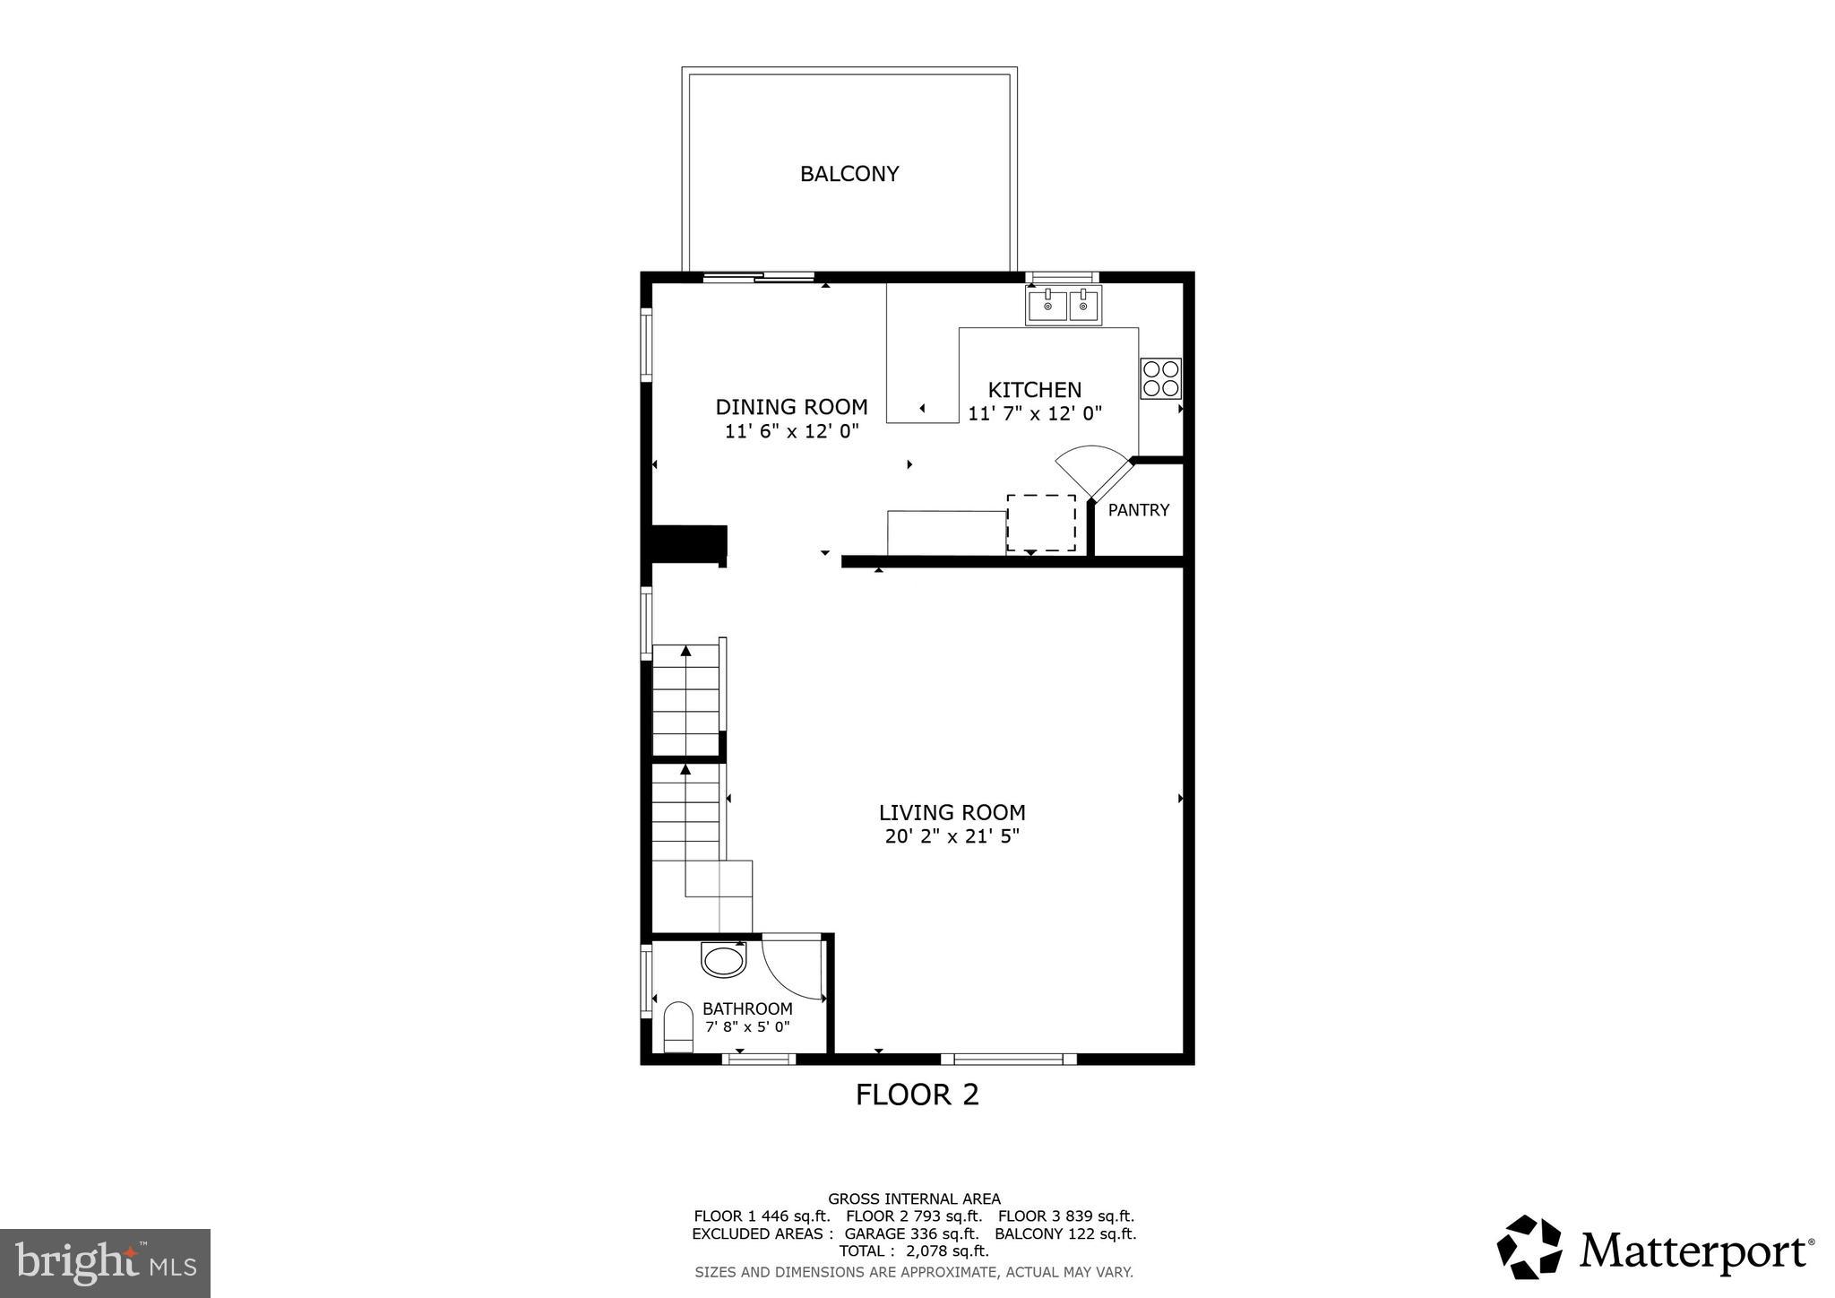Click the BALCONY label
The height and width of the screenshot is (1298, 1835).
click(849, 174)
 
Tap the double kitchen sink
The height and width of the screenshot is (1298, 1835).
click(1064, 306)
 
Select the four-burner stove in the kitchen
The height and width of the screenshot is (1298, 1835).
click(1160, 378)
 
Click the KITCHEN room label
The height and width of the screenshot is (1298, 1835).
click(1034, 390)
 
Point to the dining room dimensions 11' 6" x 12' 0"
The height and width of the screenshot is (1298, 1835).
click(791, 431)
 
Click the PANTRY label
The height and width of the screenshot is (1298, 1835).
click(1138, 510)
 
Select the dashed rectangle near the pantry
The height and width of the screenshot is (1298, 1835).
click(1040, 523)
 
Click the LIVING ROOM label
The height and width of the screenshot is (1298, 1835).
click(952, 813)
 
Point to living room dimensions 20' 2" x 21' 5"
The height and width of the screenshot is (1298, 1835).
click(952, 837)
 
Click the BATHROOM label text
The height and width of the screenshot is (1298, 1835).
click(747, 1008)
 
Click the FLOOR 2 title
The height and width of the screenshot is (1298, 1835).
click(917, 1095)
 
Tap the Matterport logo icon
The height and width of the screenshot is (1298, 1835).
click(1529, 1247)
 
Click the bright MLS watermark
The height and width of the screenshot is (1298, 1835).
click(105, 1263)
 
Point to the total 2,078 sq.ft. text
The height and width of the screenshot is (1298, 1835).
click(913, 1251)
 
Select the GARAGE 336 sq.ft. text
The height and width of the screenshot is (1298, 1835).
click(910, 1233)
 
